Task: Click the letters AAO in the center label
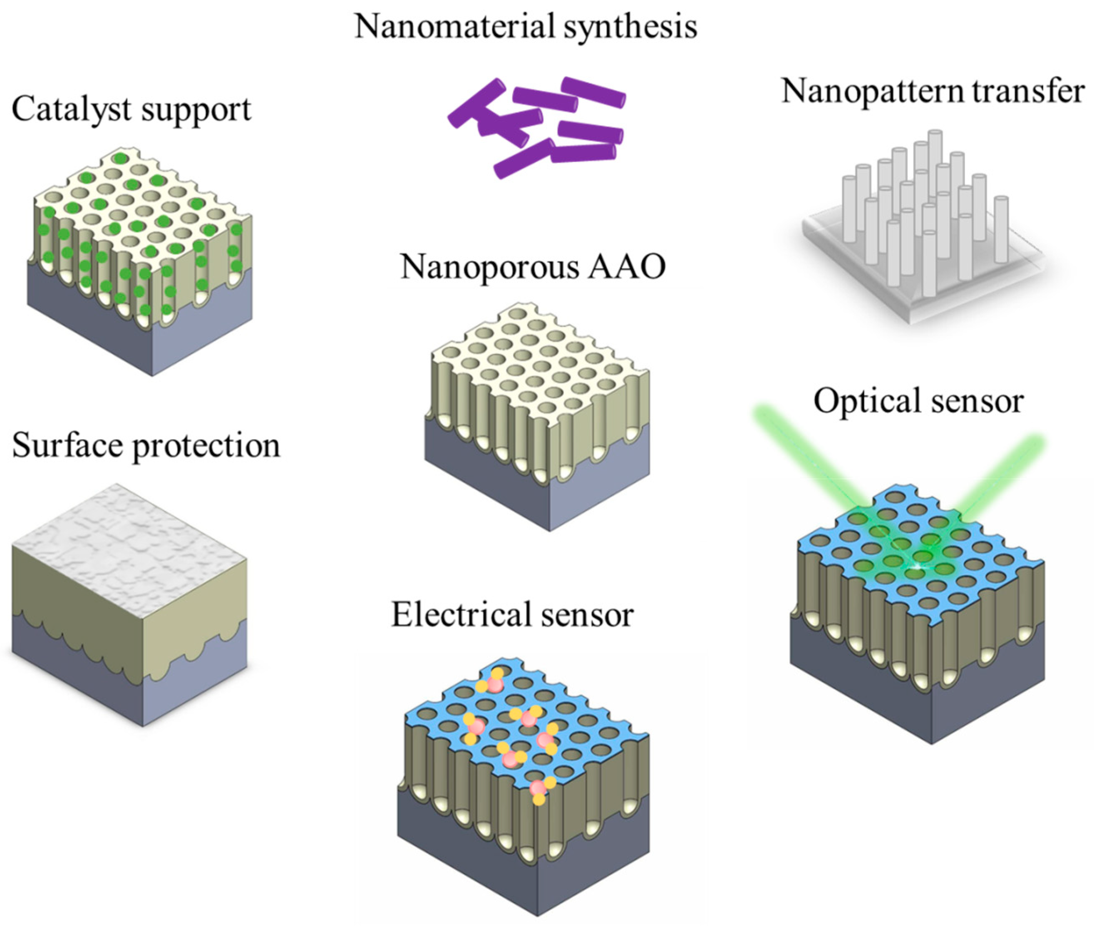click(x=628, y=267)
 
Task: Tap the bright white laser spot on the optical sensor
click(x=917, y=566)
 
